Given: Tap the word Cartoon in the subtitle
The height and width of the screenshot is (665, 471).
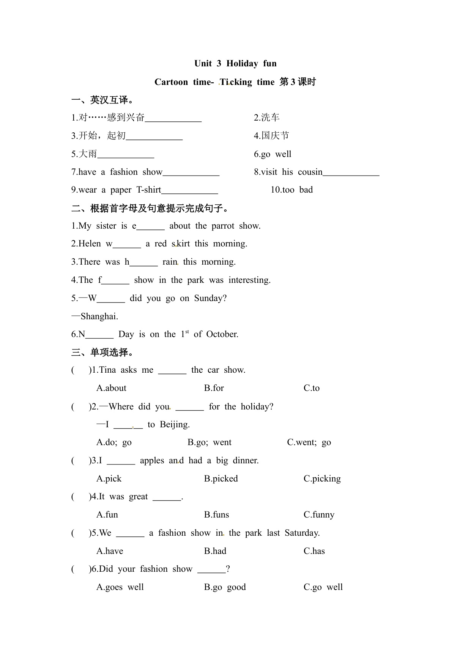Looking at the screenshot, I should (x=171, y=82).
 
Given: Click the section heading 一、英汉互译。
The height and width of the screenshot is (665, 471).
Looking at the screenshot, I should (x=102, y=100).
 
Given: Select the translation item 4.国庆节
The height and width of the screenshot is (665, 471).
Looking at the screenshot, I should (x=271, y=136).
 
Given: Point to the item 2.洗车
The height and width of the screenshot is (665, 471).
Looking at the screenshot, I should (x=266, y=118).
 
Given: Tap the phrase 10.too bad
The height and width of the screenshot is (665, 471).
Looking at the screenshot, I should (x=291, y=190).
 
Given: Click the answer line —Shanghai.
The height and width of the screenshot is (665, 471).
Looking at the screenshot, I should (x=95, y=316).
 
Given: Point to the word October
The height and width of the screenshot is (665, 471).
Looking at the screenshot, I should (x=222, y=334).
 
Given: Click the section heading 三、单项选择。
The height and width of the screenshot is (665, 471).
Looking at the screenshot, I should (x=102, y=353).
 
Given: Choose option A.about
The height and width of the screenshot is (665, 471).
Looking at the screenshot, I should (x=111, y=388).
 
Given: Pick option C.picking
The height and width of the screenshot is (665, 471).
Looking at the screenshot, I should (x=322, y=479).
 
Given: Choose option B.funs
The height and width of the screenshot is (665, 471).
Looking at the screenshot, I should (x=216, y=515).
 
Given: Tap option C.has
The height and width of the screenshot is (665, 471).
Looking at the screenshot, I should (x=314, y=551).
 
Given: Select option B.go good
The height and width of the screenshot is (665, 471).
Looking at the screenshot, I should (x=225, y=587).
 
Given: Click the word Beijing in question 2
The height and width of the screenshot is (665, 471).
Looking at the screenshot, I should (x=175, y=425).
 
